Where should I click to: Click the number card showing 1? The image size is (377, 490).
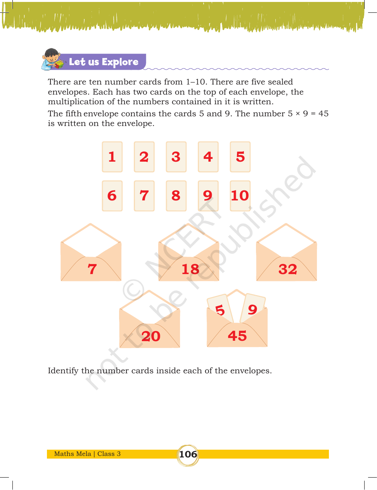112,157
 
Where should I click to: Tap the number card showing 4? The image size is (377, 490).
208,157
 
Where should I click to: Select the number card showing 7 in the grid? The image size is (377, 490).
144,196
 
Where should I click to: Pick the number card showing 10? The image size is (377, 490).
240,196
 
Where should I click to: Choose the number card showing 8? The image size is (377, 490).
176,196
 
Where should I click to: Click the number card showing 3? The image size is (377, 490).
176,157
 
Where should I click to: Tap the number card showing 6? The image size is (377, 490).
112,196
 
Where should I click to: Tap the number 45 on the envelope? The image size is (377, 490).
237,336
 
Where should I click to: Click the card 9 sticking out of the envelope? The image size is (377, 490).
252,308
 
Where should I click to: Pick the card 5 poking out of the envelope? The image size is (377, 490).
220,309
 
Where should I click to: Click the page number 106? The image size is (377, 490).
188,454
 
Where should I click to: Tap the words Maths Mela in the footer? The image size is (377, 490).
73,454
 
